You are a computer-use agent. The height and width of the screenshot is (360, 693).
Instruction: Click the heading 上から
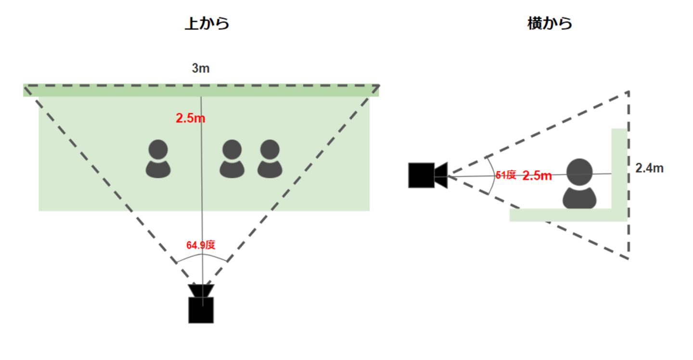(x=207, y=24)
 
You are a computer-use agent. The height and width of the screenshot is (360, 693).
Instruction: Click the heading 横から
(x=550, y=24)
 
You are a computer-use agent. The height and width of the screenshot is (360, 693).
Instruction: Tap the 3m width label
(x=201, y=68)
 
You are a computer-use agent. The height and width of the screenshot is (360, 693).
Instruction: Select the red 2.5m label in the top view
(x=190, y=118)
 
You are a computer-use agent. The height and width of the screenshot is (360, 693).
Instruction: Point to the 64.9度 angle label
(x=201, y=245)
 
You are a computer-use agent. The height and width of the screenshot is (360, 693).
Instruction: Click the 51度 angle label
(x=506, y=175)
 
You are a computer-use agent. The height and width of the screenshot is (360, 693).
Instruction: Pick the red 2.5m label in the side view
(x=537, y=176)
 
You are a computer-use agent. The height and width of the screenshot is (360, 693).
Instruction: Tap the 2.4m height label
(x=649, y=168)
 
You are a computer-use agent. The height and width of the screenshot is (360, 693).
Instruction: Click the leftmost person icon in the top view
(x=158, y=159)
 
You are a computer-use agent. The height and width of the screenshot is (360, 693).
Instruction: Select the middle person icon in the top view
(x=232, y=159)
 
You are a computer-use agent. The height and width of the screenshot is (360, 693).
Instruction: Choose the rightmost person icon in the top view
(x=270, y=159)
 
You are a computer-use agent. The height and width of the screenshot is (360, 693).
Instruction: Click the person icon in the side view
(x=579, y=184)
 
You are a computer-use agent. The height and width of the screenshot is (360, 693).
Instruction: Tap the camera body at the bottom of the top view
(x=201, y=310)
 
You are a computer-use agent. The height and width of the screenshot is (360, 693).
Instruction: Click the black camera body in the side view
(x=422, y=175)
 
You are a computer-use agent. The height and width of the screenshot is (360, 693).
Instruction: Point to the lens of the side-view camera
(x=441, y=175)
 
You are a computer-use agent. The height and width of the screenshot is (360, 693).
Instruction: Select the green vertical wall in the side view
(x=619, y=168)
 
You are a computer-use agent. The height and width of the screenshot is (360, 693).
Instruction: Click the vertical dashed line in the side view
(x=629, y=175)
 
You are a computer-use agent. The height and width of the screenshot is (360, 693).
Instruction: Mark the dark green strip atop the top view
(x=201, y=90)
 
